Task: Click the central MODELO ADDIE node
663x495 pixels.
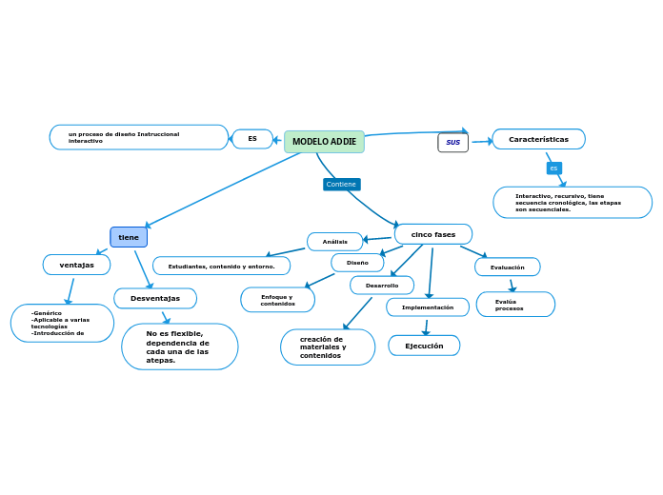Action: [x=324, y=142]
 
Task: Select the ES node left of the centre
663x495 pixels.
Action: [x=252, y=139]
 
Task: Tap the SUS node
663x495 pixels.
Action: [x=452, y=143]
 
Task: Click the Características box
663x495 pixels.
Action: [x=538, y=139]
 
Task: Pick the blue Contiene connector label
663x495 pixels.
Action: [x=341, y=184]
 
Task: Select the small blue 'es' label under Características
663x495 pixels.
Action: [x=553, y=168]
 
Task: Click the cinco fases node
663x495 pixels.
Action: [x=433, y=234]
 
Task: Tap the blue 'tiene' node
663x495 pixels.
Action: [x=129, y=237]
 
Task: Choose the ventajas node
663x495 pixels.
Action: [x=76, y=265]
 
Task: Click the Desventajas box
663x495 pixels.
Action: [x=155, y=299]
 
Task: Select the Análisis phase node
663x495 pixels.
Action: [x=334, y=242]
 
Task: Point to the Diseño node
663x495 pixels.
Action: [x=357, y=263]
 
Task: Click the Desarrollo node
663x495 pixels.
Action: [x=382, y=286]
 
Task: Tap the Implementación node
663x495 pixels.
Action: [x=428, y=307]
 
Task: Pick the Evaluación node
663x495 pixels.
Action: [x=507, y=267]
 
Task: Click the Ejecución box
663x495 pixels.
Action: [x=424, y=346]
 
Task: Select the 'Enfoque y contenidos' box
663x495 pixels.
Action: [x=277, y=301]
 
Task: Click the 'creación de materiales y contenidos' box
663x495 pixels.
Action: [x=328, y=347]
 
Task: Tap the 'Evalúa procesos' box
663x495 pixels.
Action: [x=515, y=305]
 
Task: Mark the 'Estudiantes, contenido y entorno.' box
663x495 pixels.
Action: [x=221, y=267]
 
